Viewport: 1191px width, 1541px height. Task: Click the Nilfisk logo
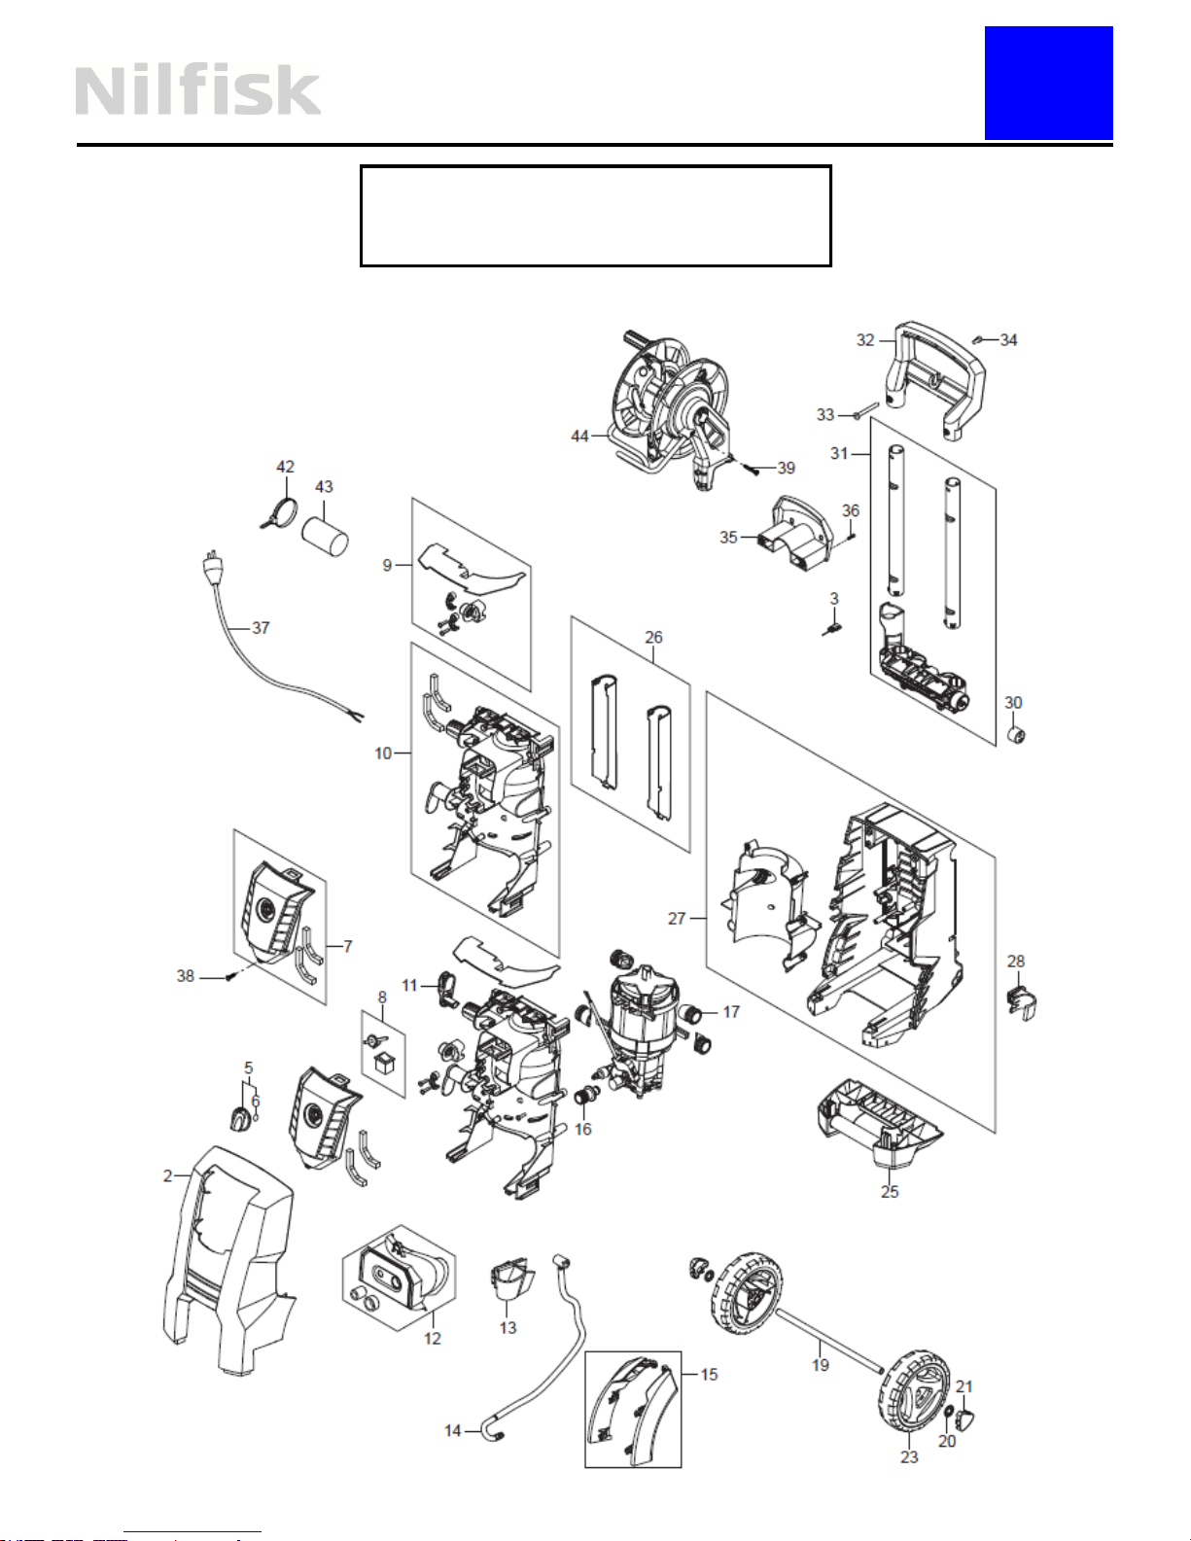tap(197, 90)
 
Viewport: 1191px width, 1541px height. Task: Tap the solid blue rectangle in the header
tap(1048, 83)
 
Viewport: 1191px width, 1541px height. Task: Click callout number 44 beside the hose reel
tap(579, 437)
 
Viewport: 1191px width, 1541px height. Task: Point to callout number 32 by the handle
tap(865, 340)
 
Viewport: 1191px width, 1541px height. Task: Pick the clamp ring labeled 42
tap(279, 512)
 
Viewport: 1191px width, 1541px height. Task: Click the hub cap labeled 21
tap(966, 1420)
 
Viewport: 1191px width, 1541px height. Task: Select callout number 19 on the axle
tap(821, 1365)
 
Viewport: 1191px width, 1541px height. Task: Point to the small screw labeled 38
tap(229, 977)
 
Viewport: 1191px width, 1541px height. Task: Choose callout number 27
tap(677, 919)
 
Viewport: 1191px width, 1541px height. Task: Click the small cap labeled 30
tap(1017, 735)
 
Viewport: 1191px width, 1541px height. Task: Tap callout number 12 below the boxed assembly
tap(433, 1338)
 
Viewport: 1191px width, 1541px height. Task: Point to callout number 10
tap(383, 753)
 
